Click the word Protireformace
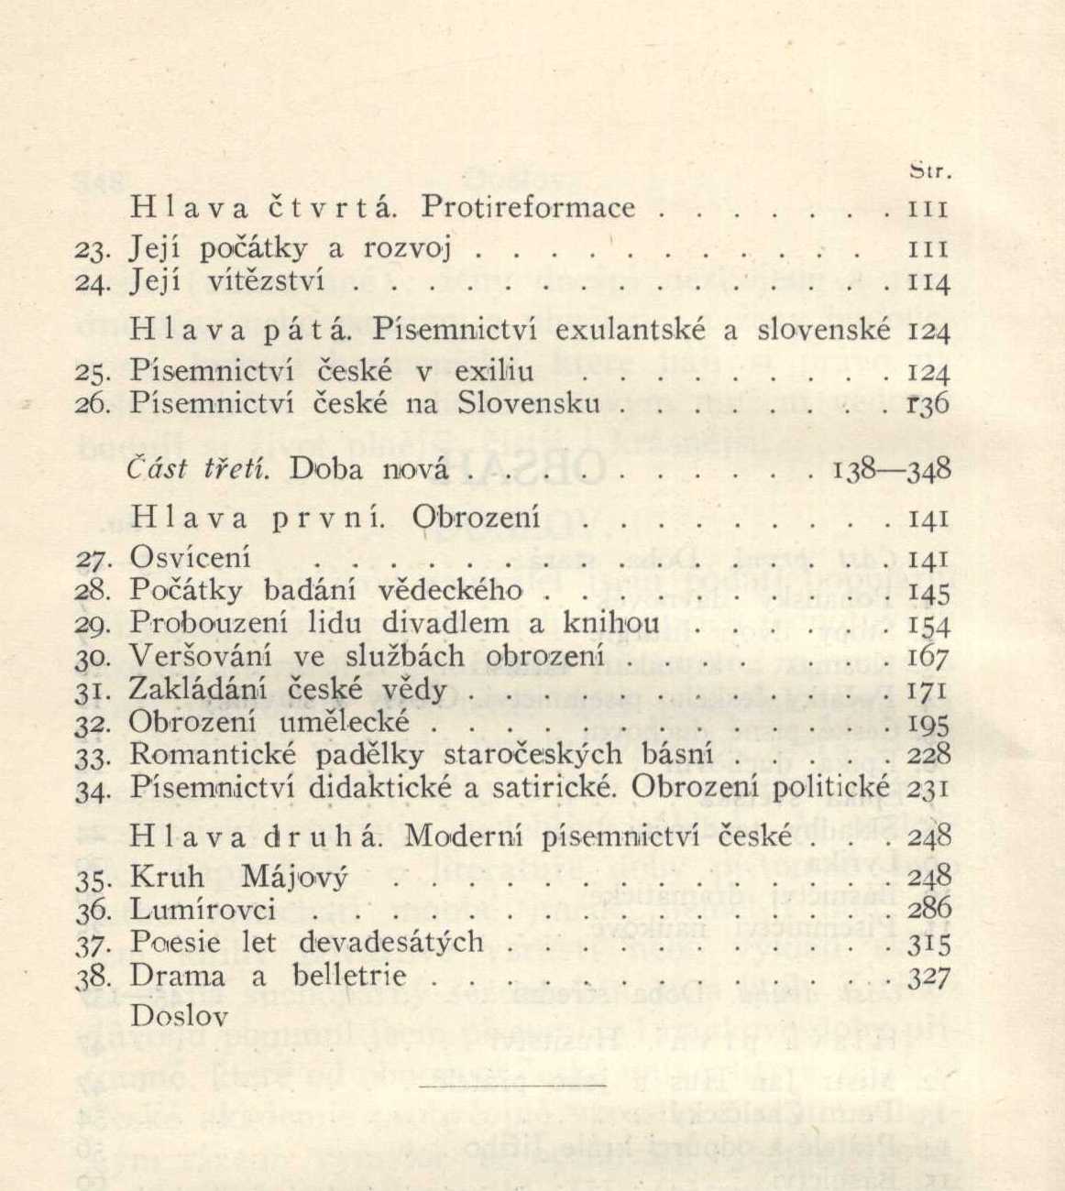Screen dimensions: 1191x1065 tap(527, 208)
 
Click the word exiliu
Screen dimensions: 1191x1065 tap(489, 372)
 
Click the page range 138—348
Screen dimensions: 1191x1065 tap(891, 470)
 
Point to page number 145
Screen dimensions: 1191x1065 tap(928, 593)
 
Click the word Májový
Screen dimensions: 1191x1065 tap(293, 878)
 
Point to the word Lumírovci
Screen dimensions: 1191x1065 tap(203, 910)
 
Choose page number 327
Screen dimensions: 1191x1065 tap(928, 977)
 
